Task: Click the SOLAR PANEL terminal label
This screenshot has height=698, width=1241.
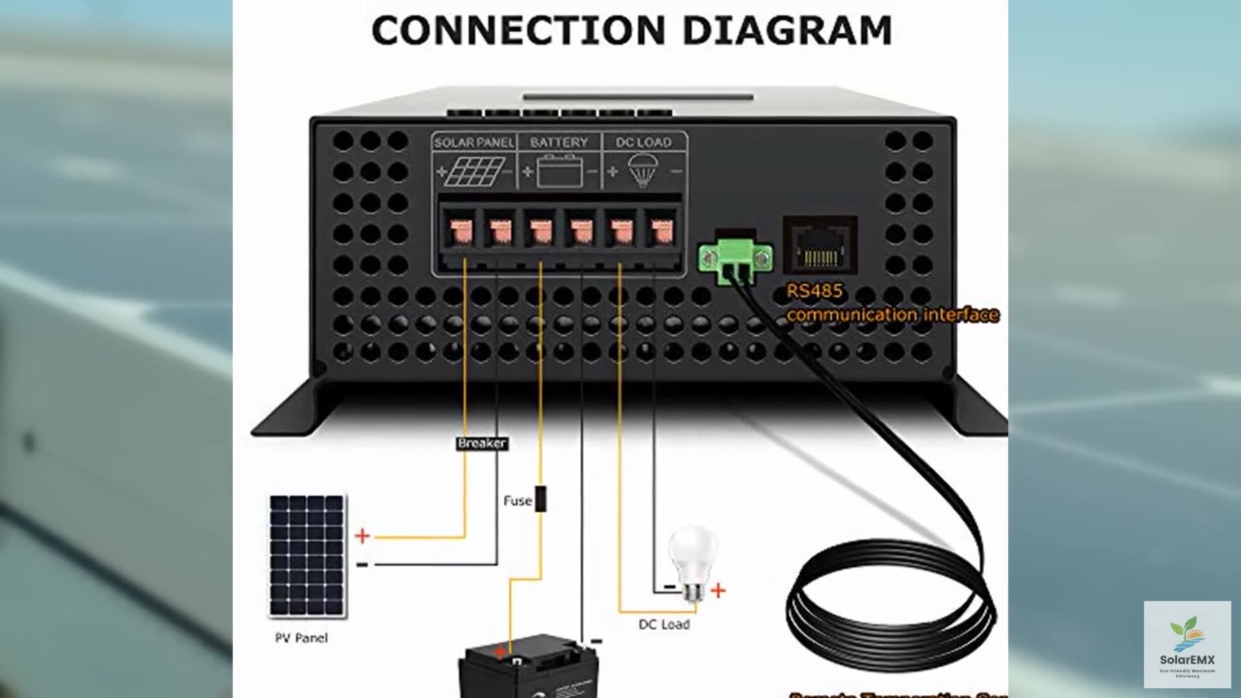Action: click(x=474, y=142)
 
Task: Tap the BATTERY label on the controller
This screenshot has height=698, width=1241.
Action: click(x=559, y=142)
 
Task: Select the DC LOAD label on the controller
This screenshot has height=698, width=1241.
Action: click(x=644, y=142)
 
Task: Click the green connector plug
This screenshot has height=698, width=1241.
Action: click(x=736, y=259)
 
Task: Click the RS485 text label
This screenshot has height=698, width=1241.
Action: click(x=814, y=291)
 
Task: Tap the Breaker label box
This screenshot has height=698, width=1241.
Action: click(x=482, y=443)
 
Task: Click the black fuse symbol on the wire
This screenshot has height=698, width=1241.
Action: click(x=541, y=498)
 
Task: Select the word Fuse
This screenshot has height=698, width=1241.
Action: click(x=517, y=501)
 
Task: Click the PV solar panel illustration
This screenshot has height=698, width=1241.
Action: click(x=307, y=556)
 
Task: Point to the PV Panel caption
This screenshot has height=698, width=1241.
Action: click(x=301, y=638)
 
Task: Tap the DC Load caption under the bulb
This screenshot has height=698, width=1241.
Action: click(x=664, y=624)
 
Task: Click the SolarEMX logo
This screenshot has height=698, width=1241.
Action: click(x=1187, y=644)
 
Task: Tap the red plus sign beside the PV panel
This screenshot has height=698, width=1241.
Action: click(x=363, y=536)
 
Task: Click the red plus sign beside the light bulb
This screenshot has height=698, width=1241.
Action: click(x=718, y=590)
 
